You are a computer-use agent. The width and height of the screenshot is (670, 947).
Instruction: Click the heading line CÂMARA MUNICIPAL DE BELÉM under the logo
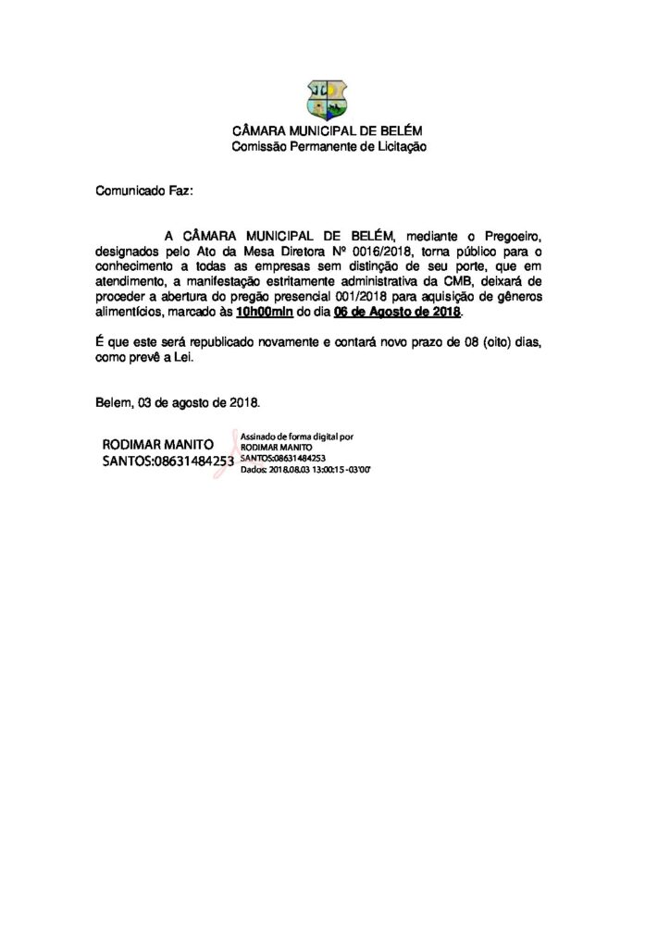pos(329,132)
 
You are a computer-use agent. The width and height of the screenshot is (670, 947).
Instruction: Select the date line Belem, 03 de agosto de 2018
pos(178,403)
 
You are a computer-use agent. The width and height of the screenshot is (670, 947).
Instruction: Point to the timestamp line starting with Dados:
pos(304,470)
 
